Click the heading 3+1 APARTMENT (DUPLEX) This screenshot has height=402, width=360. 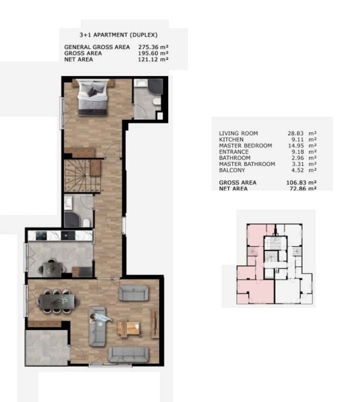point(118,35)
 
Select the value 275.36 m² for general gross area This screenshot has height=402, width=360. point(153,47)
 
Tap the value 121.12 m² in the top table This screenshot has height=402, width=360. point(153,59)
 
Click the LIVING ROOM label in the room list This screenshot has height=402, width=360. point(239,133)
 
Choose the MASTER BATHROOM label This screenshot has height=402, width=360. point(247,164)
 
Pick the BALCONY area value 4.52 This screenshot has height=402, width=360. point(298,170)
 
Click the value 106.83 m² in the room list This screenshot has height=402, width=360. point(301,183)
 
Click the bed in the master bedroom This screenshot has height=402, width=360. point(92,97)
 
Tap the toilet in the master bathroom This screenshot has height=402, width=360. point(157,102)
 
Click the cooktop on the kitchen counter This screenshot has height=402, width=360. point(41,236)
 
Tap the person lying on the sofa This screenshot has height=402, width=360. point(100,318)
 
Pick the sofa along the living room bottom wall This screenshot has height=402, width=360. point(128,355)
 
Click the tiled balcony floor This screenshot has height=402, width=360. point(47,348)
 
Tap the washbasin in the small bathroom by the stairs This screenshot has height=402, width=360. point(68,203)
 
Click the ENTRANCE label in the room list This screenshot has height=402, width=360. point(234,152)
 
